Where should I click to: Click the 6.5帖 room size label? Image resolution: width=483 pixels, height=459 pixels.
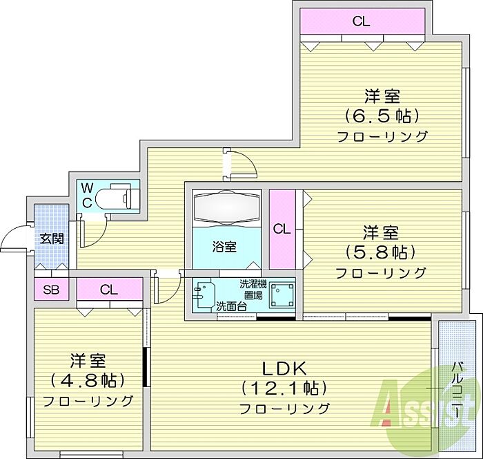click(382, 115)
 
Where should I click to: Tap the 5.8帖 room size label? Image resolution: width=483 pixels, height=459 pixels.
click(382, 250)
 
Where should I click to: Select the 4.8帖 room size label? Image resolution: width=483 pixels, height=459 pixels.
click(88, 380)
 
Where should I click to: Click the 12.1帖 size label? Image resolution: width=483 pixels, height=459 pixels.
click(284, 387)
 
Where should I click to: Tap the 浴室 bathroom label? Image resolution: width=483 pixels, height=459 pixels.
click(225, 246)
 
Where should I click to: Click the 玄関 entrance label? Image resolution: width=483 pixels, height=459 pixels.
click(51, 238)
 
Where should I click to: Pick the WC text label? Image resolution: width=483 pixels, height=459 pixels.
click(88, 196)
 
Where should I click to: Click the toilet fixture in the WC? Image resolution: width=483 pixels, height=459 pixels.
click(117, 198)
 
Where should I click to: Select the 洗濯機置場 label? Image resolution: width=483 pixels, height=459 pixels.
click(250, 289)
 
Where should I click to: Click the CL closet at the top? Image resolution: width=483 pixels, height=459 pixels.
click(361, 21)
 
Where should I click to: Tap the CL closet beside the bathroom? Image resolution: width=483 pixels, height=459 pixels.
click(281, 229)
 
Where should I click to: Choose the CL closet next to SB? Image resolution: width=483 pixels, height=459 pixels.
click(108, 290)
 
